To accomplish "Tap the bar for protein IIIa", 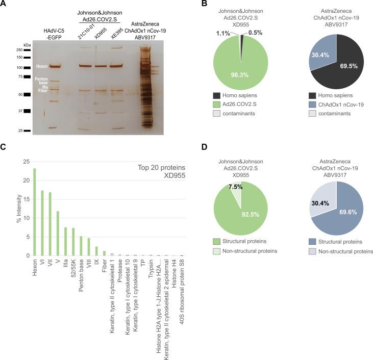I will coord(66,241).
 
